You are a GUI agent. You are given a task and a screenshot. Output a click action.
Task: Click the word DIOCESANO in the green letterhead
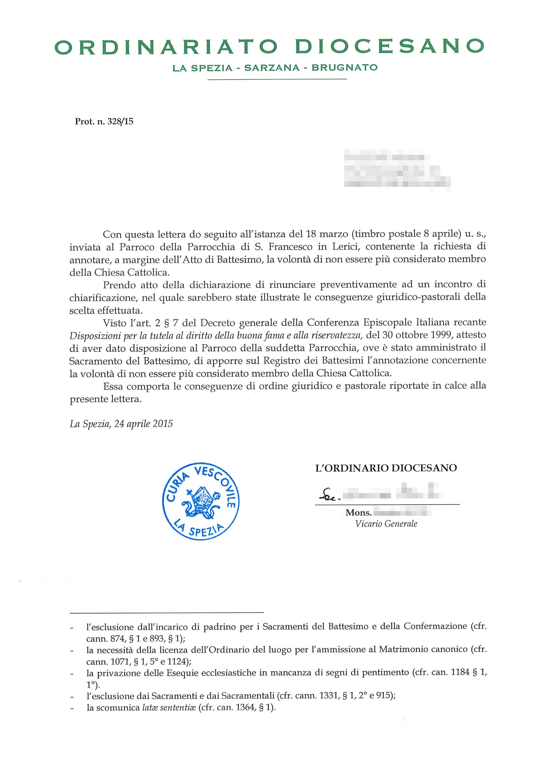pos(389,47)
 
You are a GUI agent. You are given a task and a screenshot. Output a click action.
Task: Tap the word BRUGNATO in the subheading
pos(344,67)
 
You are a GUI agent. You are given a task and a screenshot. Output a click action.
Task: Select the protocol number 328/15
pos(120,121)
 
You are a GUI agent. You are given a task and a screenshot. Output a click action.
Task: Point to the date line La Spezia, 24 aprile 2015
pos(121,424)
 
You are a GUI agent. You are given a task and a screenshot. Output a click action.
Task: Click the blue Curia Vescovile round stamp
pos(200,501)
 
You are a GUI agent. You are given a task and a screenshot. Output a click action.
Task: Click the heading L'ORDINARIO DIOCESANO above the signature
pos(386,468)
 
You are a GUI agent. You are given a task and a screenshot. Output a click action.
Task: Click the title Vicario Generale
pos(386,524)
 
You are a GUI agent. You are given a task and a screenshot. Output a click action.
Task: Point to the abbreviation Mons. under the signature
pos(358,512)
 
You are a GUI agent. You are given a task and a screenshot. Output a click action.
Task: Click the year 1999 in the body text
pos(442,335)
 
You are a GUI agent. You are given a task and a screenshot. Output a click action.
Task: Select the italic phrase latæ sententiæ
pos(169,708)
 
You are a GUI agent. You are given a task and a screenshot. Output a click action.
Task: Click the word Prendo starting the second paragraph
pos(119,284)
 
